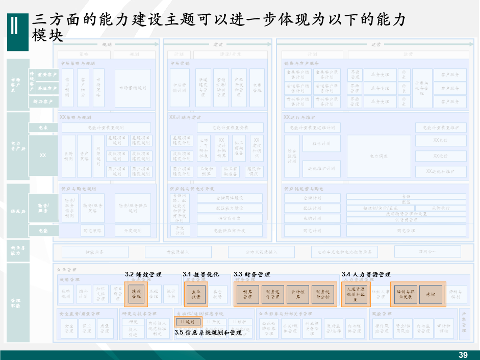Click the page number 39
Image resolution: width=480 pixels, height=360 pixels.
pos(463,355)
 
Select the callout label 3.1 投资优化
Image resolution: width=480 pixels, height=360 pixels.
pos(201,275)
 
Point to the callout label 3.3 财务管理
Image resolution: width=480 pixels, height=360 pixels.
pos(252,275)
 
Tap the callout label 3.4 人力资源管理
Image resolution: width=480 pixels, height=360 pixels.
pos(366,275)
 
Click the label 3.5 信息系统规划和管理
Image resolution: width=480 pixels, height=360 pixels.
pos(208,332)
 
